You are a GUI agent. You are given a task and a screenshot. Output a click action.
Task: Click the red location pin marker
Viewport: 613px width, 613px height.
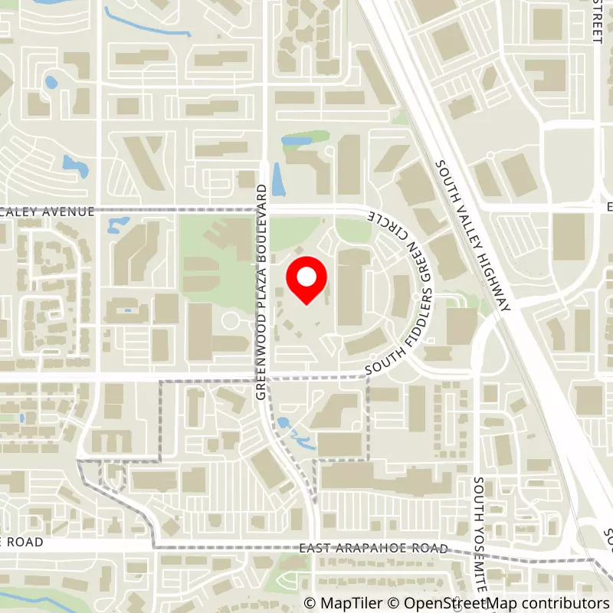tap(306, 280)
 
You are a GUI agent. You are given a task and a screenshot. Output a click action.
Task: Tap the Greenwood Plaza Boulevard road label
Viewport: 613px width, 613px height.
tap(261, 291)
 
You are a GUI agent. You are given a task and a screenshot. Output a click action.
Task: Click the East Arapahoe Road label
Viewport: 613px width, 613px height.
tap(373, 549)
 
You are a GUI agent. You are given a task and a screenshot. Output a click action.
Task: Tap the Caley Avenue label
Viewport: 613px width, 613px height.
tap(48, 212)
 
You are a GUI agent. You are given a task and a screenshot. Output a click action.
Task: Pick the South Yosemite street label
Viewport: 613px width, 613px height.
tap(480, 536)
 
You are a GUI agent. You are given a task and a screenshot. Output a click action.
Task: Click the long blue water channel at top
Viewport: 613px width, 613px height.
tap(146, 24)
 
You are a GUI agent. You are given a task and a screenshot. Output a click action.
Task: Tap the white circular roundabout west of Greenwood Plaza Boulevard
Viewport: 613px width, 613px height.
tap(230, 320)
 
